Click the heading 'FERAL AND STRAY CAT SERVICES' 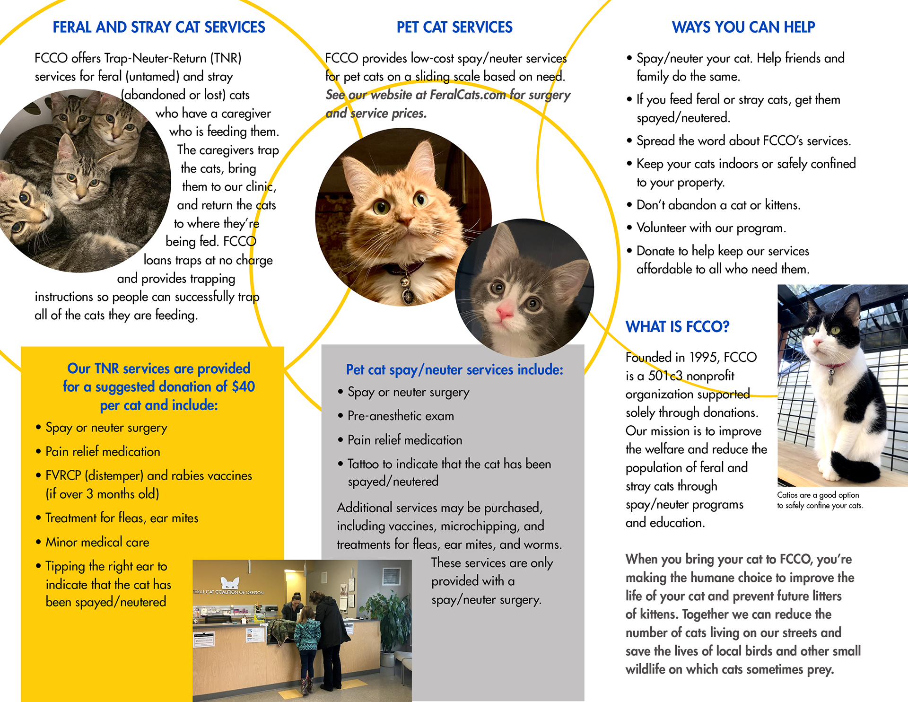159,27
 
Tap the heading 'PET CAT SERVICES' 454,27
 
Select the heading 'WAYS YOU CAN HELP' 743,27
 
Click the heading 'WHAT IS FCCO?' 677,327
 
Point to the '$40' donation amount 244,387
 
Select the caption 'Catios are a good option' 818,495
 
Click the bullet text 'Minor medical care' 97,543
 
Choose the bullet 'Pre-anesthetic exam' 401,416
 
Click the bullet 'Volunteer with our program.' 711,228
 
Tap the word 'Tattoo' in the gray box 364,464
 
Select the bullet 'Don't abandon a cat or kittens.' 718,205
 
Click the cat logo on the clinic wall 230,582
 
